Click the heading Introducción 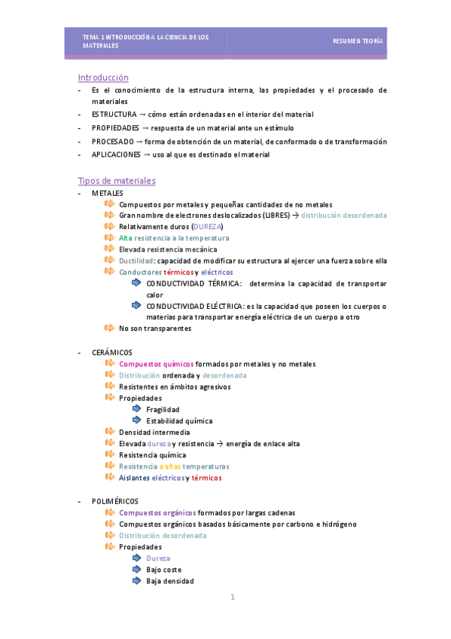103,78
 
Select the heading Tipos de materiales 117,181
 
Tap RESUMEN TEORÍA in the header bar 358,41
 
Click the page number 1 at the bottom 233,598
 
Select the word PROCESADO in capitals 112,141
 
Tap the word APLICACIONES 116,154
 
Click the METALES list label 108,194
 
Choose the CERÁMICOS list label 112,352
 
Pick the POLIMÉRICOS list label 115,501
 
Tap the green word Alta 126,237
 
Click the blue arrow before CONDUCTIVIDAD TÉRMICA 136,283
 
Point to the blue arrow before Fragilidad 136,409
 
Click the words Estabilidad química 179,421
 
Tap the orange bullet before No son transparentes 110,328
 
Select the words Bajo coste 164,570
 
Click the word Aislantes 134,478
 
